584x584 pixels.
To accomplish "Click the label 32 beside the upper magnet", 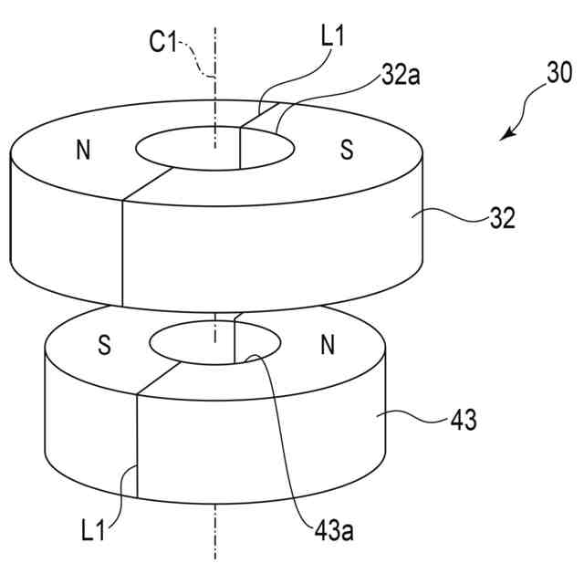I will [x=503, y=219].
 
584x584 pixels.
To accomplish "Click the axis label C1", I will [x=164, y=42].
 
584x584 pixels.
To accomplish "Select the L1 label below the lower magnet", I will [x=95, y=528].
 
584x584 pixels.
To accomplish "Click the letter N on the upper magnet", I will [x=83, y=151].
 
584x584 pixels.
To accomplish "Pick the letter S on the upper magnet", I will [x=347, y=151].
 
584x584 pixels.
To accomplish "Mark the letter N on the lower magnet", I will [x=328, y=346].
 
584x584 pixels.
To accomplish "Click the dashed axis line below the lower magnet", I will [x=216, y=538].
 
